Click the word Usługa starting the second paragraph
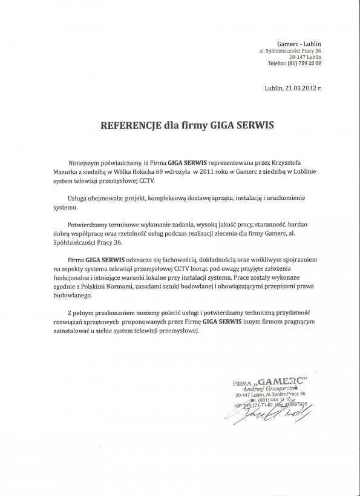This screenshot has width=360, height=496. pyautogui.click(x=81, y=198)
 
